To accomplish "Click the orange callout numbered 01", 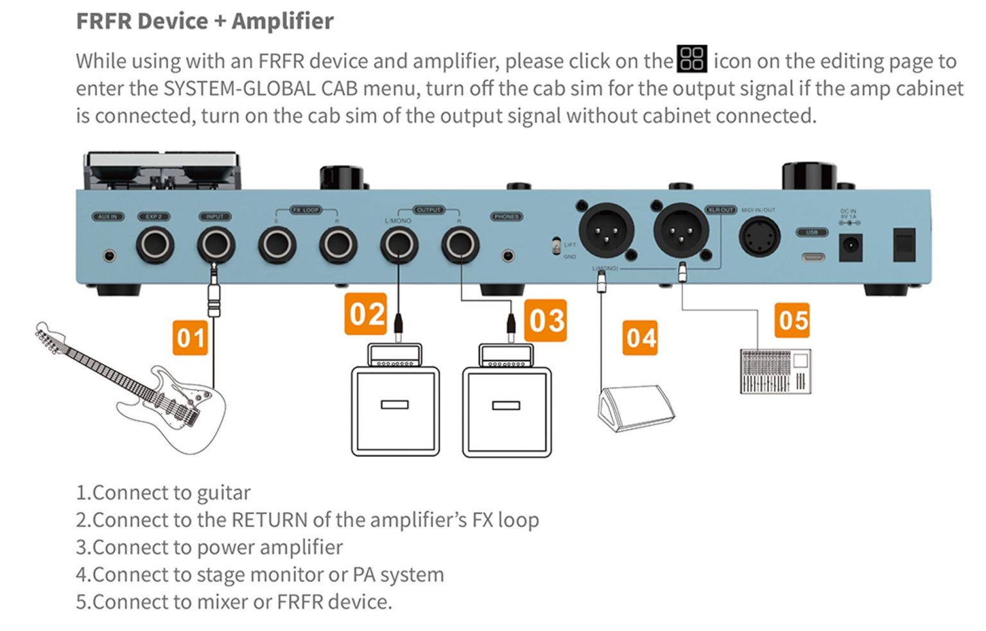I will click(x=191, y=338).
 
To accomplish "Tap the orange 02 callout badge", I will click(x=366, y=314).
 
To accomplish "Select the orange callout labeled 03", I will click(x=546, y=320).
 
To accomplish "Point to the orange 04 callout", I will click(x=641, y=338).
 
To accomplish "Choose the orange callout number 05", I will click(x=792, y=320).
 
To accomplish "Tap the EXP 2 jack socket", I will click(x=155, y=245).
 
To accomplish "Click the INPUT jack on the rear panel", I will click(x=216, y=245).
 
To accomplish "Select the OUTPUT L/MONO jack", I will click(x=399, y=245).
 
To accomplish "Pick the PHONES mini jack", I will click(x=508, y=255).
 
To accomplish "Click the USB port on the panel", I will click(x=813, y=257).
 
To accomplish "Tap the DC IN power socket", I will click(x=850, y=247).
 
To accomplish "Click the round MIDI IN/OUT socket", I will click(x=760, y=236).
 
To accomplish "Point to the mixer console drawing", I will click(x=775, y=371).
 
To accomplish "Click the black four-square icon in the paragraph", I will click(x=692, y=59).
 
